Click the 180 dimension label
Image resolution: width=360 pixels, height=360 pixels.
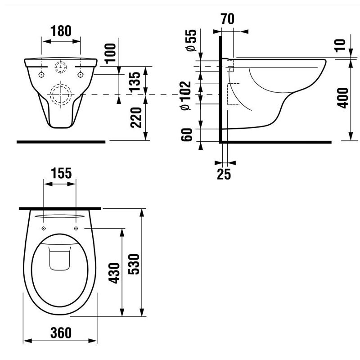point(61,31)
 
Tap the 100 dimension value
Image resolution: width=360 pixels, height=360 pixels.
point(110,53)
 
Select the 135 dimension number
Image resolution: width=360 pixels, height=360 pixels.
point(135,82)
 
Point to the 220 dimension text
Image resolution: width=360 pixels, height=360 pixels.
point(136,117)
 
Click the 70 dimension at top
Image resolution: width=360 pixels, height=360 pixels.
point(228,19)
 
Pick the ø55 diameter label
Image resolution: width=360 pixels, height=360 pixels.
point(192,40)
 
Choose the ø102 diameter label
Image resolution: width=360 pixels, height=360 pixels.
point(186,95)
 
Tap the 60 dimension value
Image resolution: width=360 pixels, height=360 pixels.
point(187,135)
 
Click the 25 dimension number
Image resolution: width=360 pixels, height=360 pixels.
point(224,174)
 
